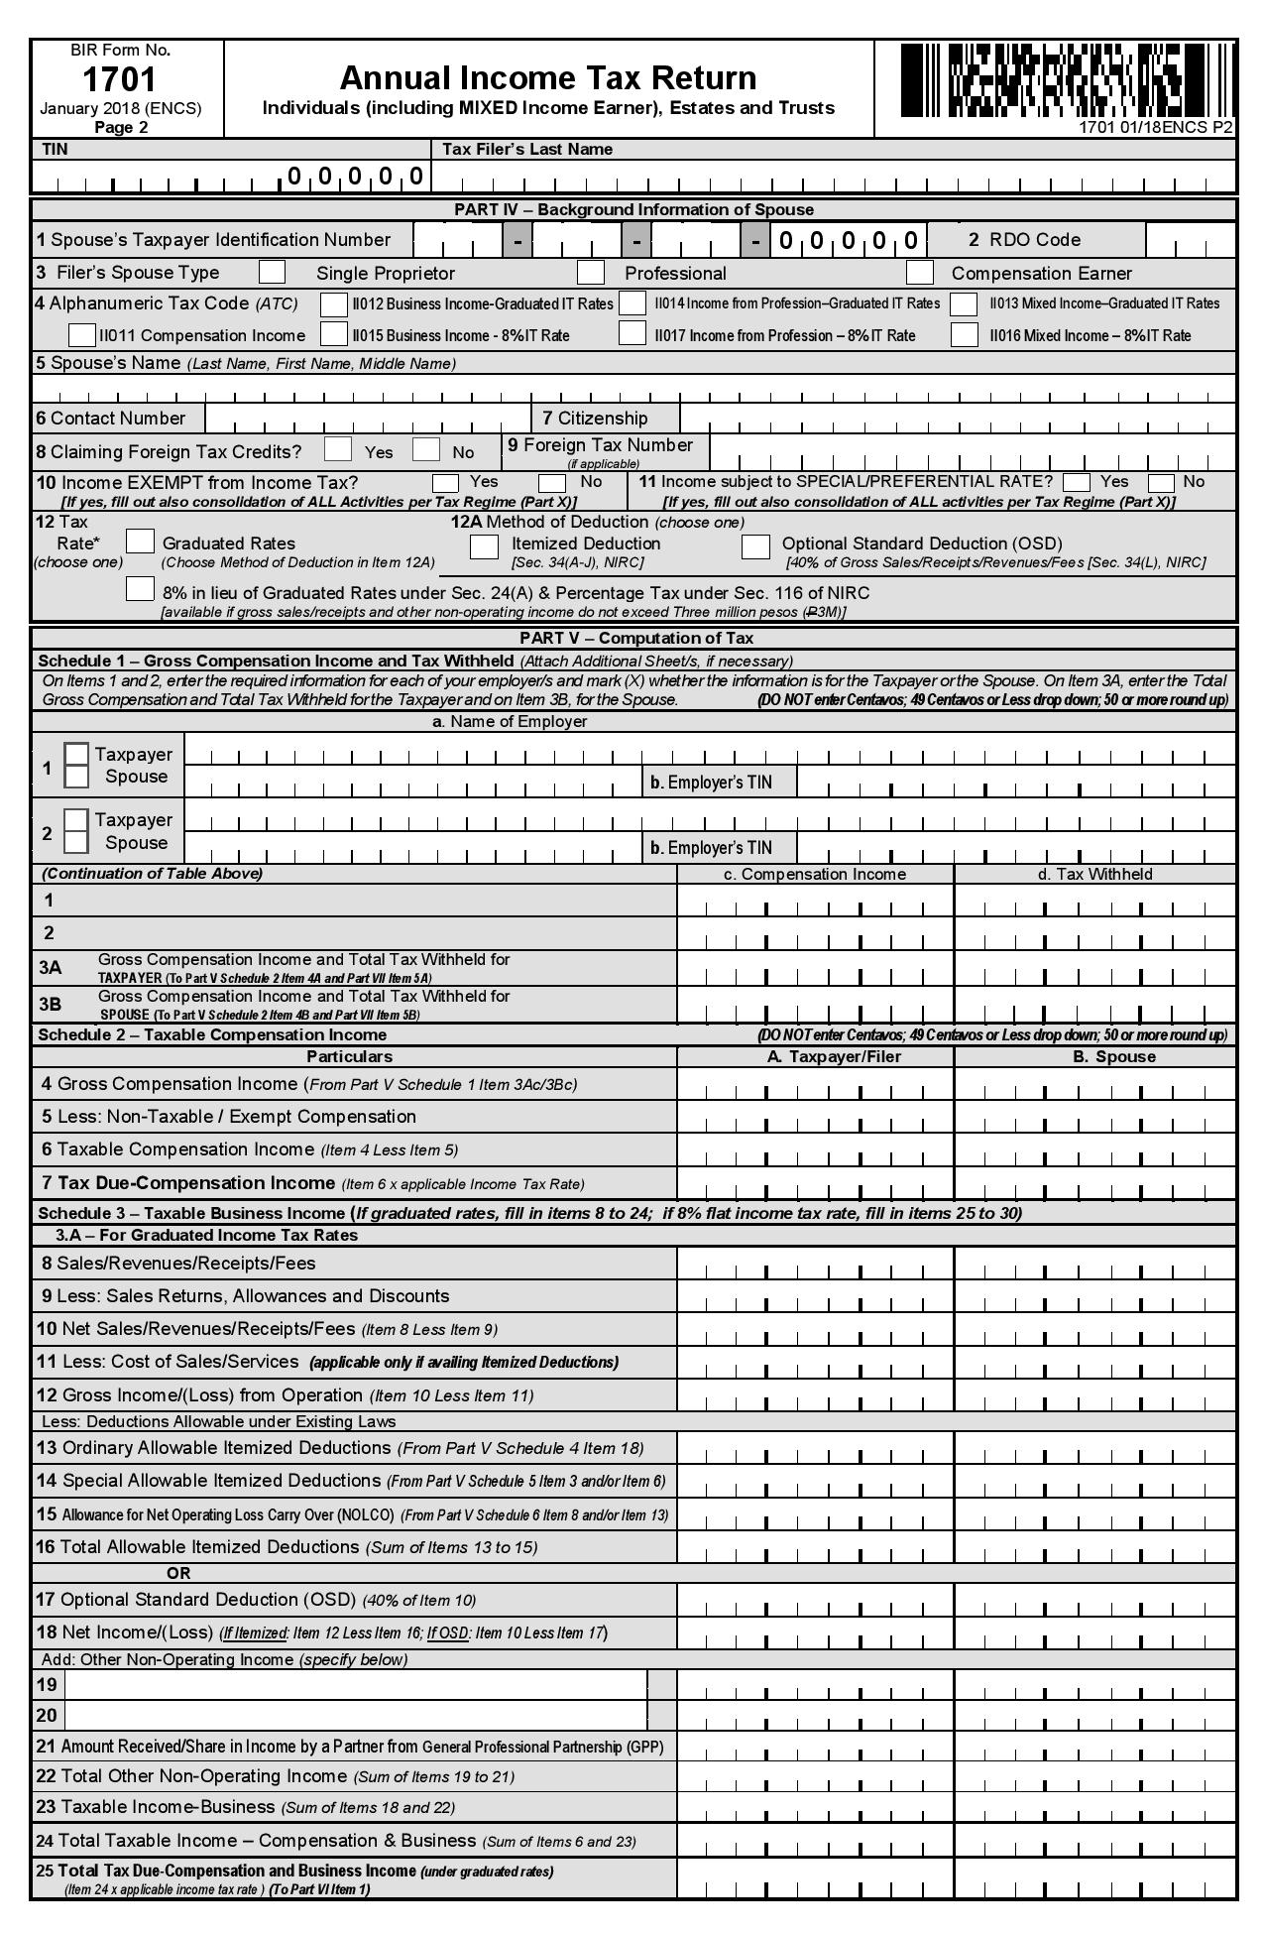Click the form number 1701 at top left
119,79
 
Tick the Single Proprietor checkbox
271,272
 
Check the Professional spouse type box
591,272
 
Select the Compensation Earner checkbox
920,272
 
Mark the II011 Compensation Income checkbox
82,335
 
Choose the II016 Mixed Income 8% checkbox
964,334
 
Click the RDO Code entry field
1189,240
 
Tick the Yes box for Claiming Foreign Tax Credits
338,449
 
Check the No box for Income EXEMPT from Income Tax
552,483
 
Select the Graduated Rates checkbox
140,542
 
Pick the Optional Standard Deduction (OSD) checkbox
756,545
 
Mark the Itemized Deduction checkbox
484,545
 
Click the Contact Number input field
367,418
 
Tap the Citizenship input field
957,418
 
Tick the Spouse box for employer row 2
76,842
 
